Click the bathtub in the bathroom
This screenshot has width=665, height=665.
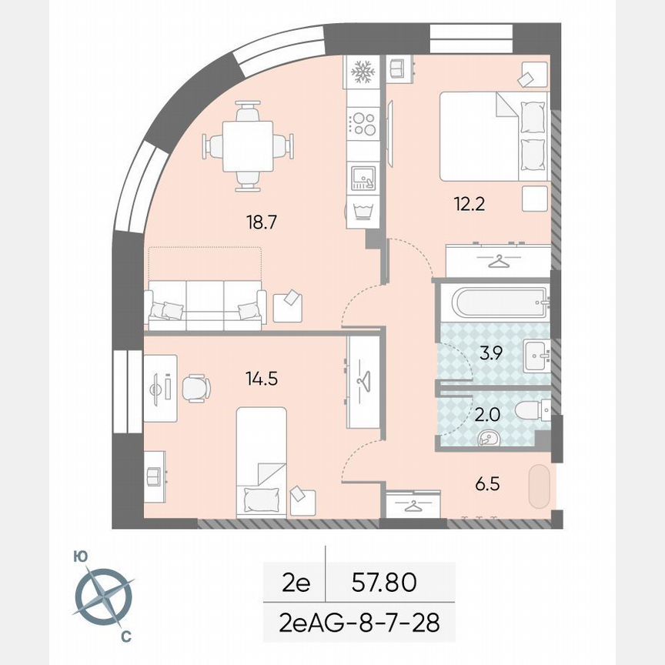tap(500, 302)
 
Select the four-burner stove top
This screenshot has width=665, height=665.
tap(362, 123)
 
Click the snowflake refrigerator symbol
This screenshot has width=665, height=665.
tap(362, 72)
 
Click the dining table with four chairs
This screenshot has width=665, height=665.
tap(248, 145)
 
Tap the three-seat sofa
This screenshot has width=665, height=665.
tap(205, 306)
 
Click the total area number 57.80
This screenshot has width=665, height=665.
tap(384, 583)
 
